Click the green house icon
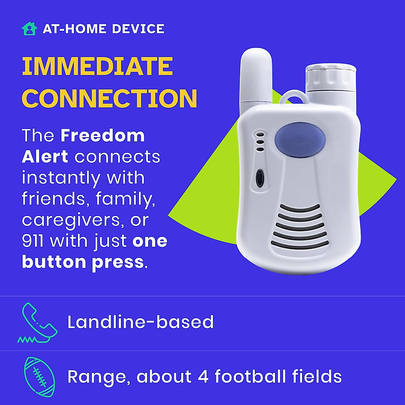pyautogui.click(x=29, y=29)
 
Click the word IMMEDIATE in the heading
pyautogui.click(x=97, y=66)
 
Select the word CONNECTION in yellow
pyautogui.click(x=109, y=98)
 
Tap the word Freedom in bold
pyautogui.click(x=103, y=136)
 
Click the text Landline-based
pyautogui.click(x=140, y=322)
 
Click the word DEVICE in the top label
pyautogui.click(x=138, y=29)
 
